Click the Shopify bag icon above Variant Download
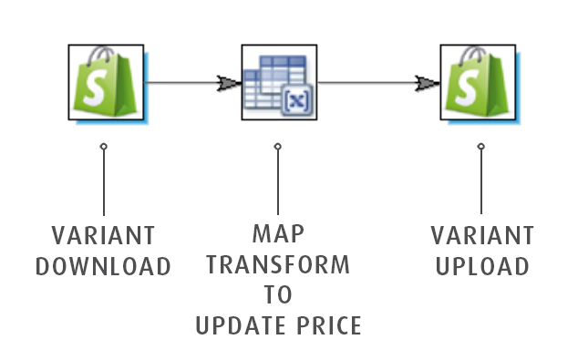[106, 83]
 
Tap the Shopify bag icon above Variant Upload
[478, 83]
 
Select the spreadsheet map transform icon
[279, 83]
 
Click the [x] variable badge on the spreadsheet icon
[297, 99]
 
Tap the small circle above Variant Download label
[104, 147]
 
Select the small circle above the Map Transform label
[278, 147]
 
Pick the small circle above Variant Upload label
[481, 147]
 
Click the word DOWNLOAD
[103, 266]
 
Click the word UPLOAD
[482, 266]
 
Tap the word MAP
[278, 233]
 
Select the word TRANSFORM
[278, 264]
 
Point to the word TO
[278, 294]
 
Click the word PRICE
[329, 325]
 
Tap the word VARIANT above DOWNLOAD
[103, 235]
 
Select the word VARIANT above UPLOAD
[482, 235]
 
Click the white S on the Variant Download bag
[95, 87]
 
